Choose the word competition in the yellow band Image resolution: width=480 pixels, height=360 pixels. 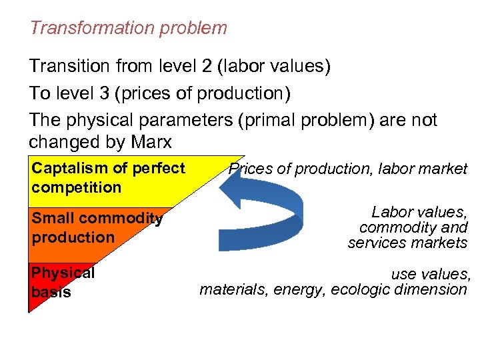[76, 187]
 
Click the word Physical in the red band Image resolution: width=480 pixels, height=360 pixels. [63, 273]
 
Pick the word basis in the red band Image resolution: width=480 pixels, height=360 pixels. [51, 292]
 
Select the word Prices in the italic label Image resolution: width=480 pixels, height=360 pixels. [251, 169]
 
